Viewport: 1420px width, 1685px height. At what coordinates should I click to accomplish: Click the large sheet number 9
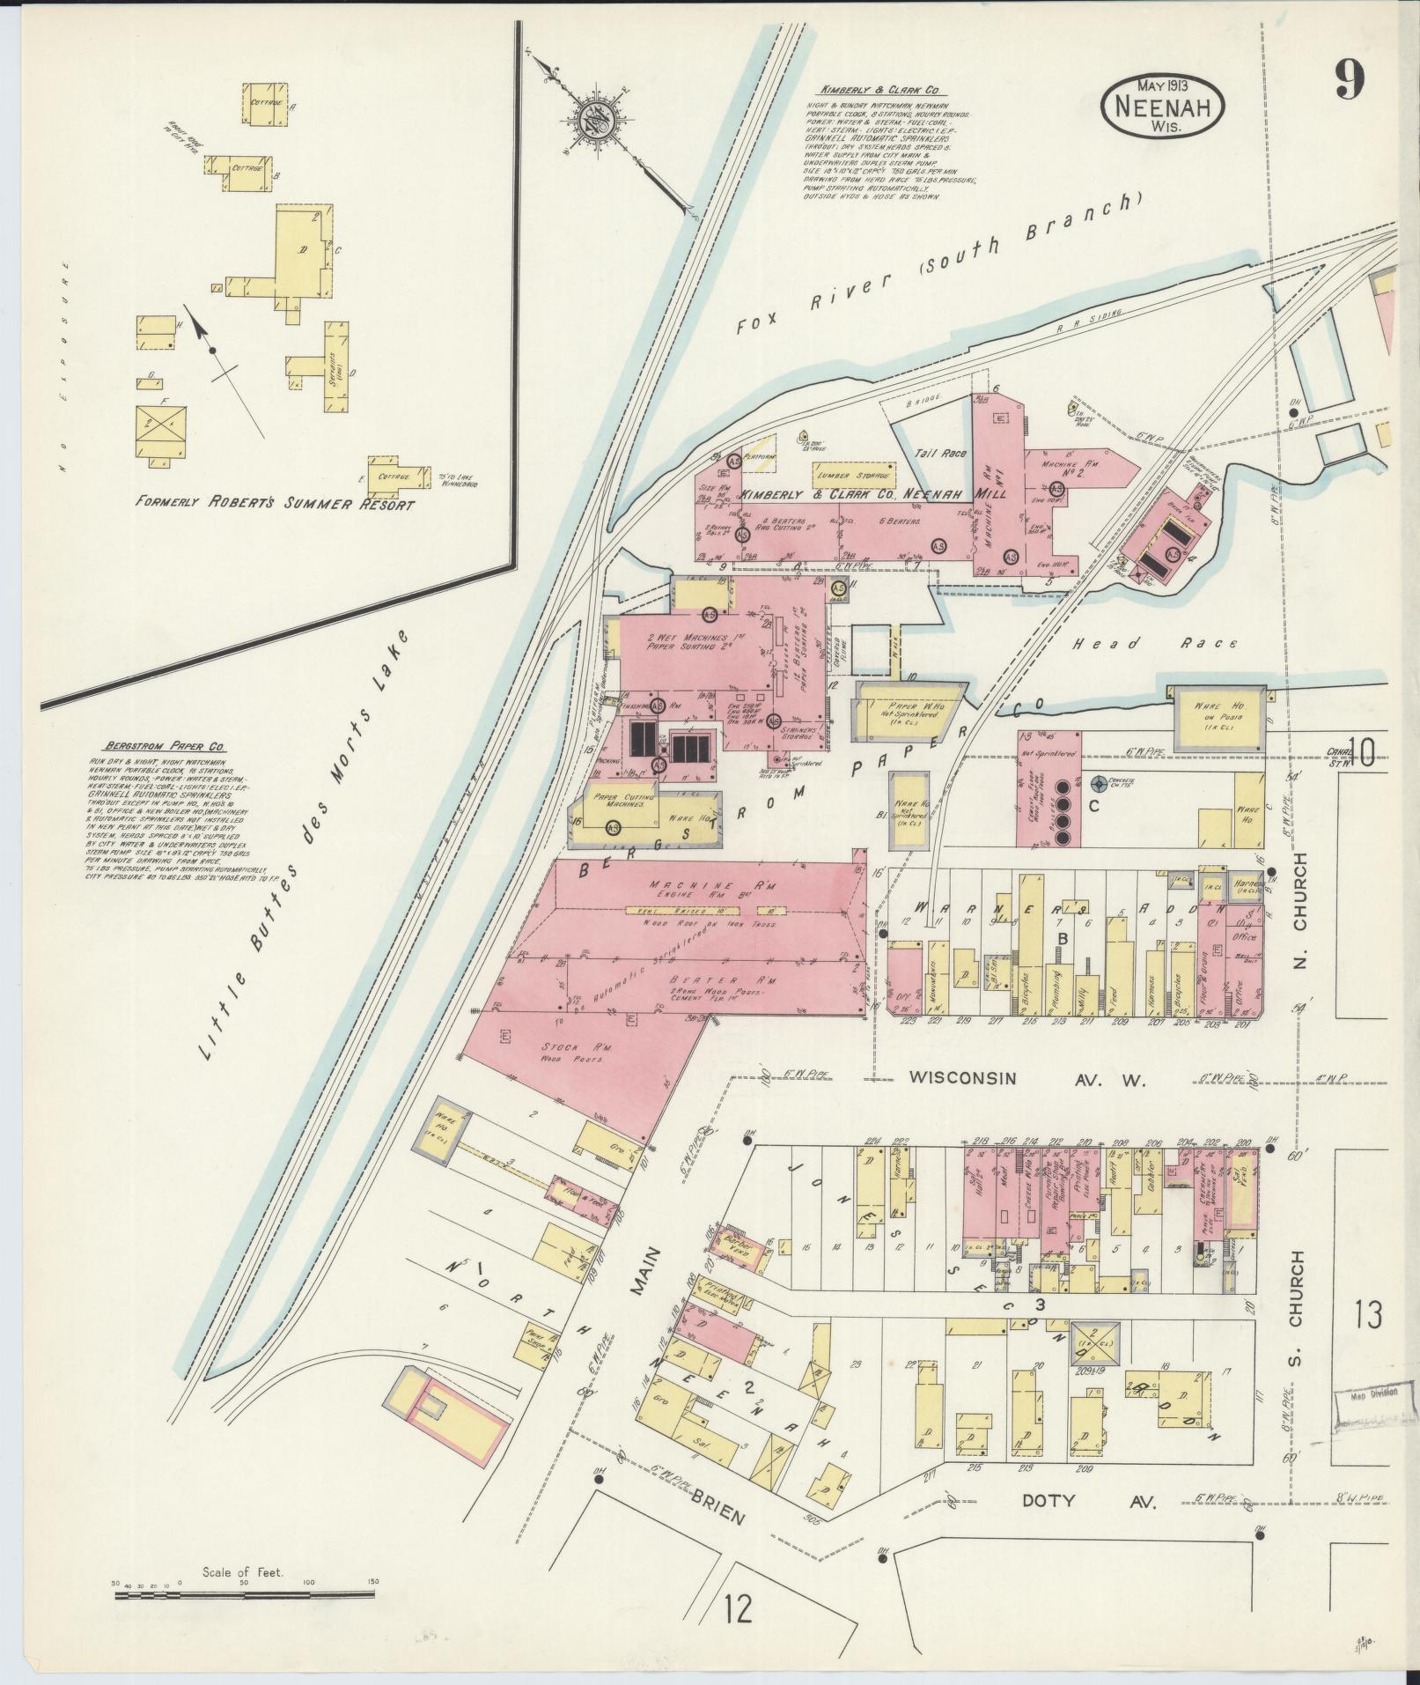click(x=1348, y=84)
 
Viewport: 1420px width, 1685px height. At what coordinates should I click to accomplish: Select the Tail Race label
click(x=941, y=454)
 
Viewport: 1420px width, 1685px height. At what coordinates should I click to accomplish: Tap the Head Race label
click(x=1154, y=644)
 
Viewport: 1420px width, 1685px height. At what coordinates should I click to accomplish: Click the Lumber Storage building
click(x=853, y=475)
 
